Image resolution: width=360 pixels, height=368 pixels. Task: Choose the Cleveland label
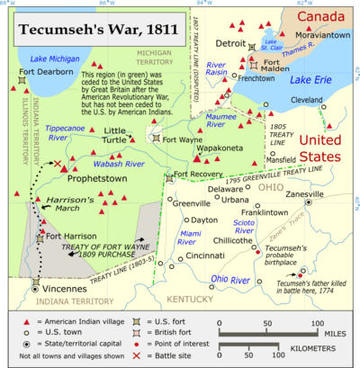point(306,99)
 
